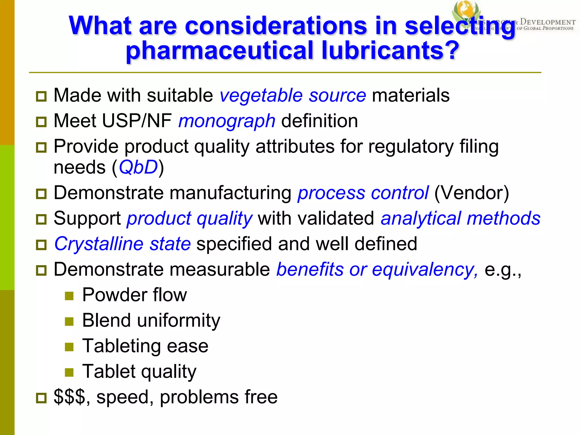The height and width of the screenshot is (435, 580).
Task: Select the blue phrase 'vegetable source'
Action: [293, 95]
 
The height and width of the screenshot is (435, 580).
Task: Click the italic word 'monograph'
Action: [227, 121]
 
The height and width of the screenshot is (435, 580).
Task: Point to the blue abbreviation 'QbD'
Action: [138, 167]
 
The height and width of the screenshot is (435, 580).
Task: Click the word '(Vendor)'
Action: [472, 193]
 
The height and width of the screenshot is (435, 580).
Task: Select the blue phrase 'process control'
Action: [363, 193]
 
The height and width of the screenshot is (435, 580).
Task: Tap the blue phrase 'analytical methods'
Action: [460, 219]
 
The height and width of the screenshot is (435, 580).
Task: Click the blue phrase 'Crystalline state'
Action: [122, 244]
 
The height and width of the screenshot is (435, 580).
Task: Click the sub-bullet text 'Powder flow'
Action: [135, 295]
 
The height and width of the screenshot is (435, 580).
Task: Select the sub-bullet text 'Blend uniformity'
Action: [151, 320]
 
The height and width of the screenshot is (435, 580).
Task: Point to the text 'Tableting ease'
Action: [145, 346]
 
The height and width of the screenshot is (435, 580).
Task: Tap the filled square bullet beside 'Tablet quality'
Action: [69, 372]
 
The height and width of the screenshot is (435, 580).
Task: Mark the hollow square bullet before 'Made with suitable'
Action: [41, 97]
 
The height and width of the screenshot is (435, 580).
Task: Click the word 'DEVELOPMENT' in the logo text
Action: [548, 22]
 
